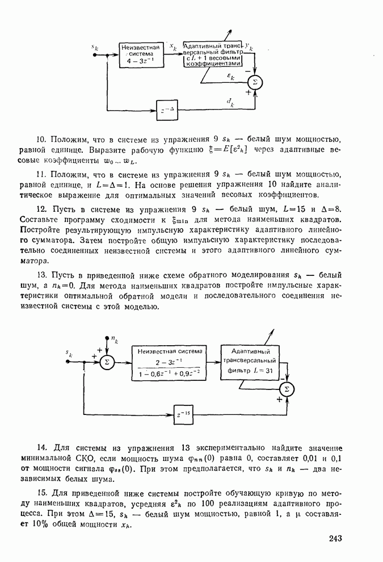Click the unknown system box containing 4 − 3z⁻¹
tap(140, 54)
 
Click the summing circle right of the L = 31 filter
tap(287, 389)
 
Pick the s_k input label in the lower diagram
tap(68, 354)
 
